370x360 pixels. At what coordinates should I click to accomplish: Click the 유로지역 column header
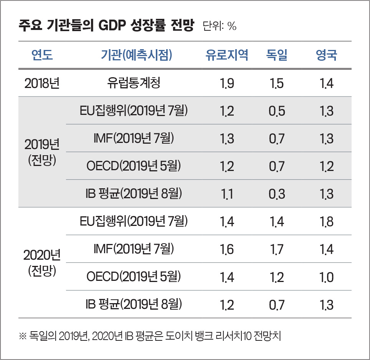(x=227, y=55)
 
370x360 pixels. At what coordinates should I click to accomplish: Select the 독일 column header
(x=277, y=55)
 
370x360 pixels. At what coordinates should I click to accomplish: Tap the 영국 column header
(x=326, y=55)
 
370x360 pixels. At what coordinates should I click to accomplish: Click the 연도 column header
(x=42, y=55)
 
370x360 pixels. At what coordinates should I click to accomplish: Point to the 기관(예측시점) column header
(x=134, y=55)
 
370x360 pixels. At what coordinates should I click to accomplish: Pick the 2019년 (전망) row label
(x=42, y=152)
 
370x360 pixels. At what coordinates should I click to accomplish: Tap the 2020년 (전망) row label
(x=42, y=263)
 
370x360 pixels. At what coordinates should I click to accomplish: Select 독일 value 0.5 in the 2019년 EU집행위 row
(x=277, y=111)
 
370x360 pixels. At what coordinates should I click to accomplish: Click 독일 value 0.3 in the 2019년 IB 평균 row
(x=277, y=194)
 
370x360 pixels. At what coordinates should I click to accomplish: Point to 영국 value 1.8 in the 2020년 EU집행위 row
(x=326, y=222)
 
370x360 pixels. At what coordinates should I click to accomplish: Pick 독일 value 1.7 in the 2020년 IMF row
(x=277, y=249)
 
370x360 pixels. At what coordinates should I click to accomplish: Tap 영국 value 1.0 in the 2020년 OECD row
(x=326, y=277)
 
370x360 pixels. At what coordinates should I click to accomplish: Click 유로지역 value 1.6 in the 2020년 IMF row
(x=227, y=249)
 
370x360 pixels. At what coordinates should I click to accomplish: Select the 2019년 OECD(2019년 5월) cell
(x=134, y=166)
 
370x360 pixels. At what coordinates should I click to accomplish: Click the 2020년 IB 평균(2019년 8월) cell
(x=134, y=305)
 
